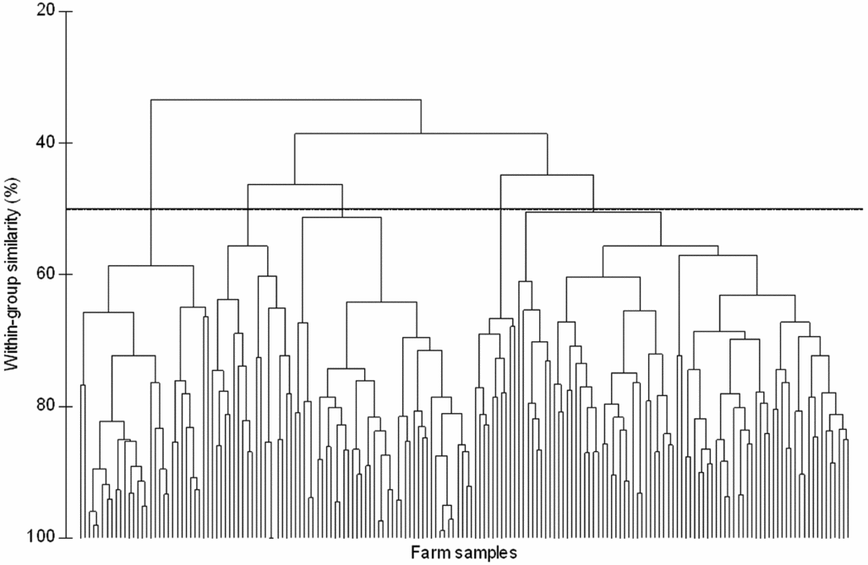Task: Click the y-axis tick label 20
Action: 46,11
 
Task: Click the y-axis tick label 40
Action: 46,143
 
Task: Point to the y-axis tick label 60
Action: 46,274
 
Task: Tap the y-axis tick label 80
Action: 46,406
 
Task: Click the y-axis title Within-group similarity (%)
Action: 11,274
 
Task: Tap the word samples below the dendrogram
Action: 484,553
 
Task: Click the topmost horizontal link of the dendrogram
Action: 286,100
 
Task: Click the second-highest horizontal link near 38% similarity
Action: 421,133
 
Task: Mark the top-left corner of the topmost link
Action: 150,100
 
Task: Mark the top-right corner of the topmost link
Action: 421,100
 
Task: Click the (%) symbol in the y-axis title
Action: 11,187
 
